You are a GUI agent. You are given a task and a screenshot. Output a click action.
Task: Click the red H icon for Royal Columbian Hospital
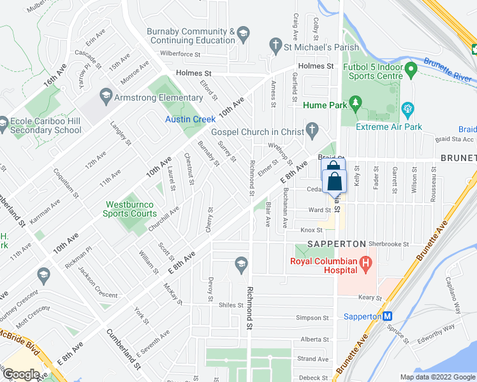365,262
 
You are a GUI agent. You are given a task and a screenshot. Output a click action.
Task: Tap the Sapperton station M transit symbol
386,316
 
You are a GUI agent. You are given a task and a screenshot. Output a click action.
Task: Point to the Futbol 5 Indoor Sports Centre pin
411,67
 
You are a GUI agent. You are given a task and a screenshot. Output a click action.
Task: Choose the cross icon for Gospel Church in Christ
311,132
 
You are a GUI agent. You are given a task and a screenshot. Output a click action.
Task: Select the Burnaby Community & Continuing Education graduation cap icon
242,32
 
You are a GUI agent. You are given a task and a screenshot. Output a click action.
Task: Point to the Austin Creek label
191,119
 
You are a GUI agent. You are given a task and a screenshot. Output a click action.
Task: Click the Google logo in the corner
21,374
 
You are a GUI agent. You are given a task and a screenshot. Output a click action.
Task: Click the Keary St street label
369,297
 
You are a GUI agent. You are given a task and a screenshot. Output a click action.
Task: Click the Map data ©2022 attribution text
437,377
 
